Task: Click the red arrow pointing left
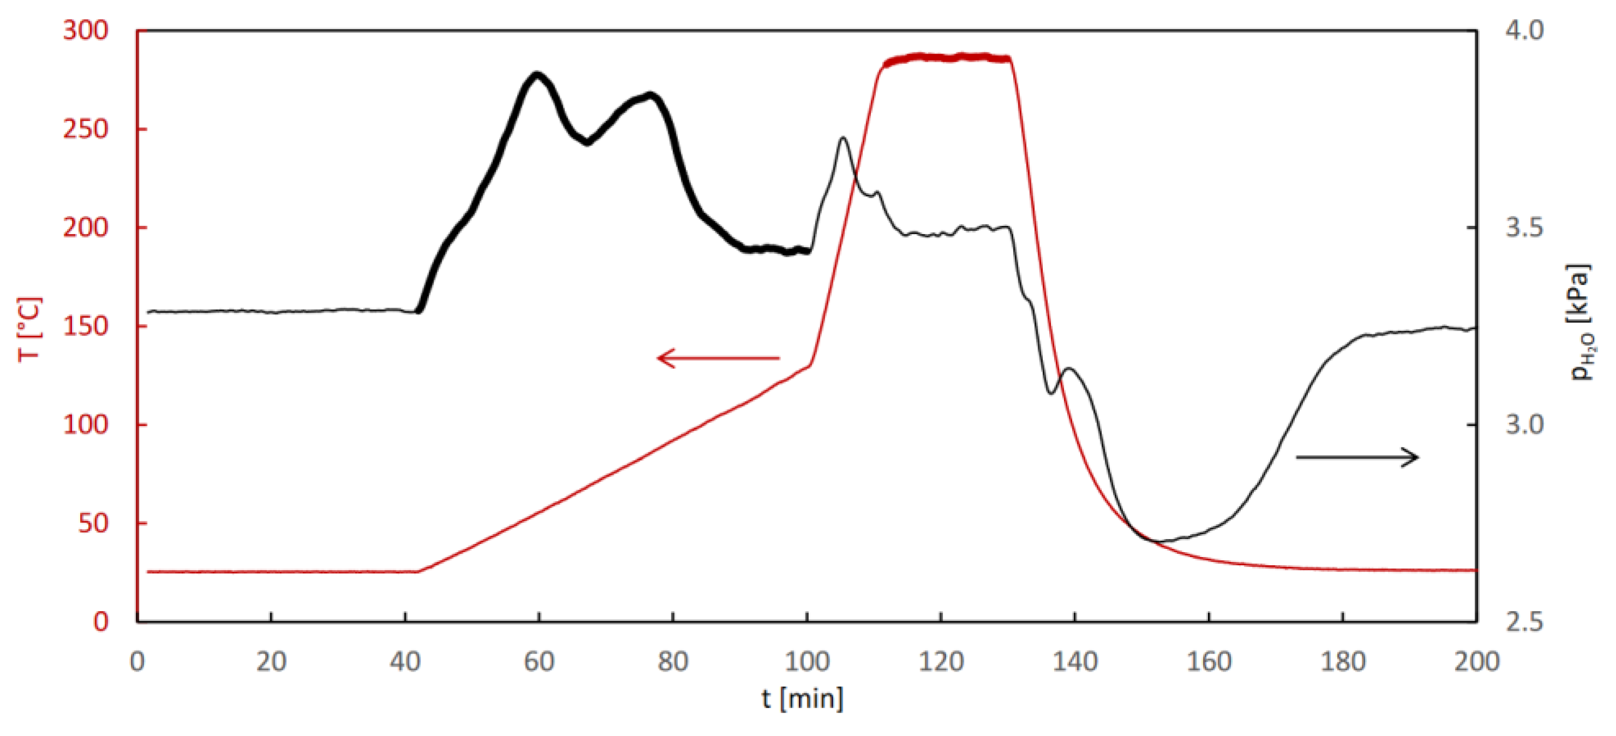(718, 358)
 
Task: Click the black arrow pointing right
(1357, 457)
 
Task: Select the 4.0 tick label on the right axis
(1524, 30)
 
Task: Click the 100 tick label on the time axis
(807, 662)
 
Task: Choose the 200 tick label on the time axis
(1477, 662)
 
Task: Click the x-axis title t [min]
(802, 698)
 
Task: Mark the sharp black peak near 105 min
(843, 138)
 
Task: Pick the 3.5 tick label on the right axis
(1524, 227)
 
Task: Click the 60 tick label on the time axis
(539, 662)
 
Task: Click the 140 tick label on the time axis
(1074, 662)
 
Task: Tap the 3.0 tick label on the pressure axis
(1524, 425)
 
